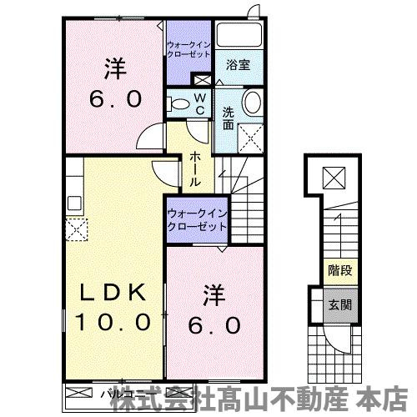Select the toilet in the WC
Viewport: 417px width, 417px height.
coord(178,103)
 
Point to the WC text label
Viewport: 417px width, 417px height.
coord(200,103)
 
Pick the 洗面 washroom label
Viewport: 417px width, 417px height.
coord(228,118)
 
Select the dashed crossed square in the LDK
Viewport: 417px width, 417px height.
coord(77,228)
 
